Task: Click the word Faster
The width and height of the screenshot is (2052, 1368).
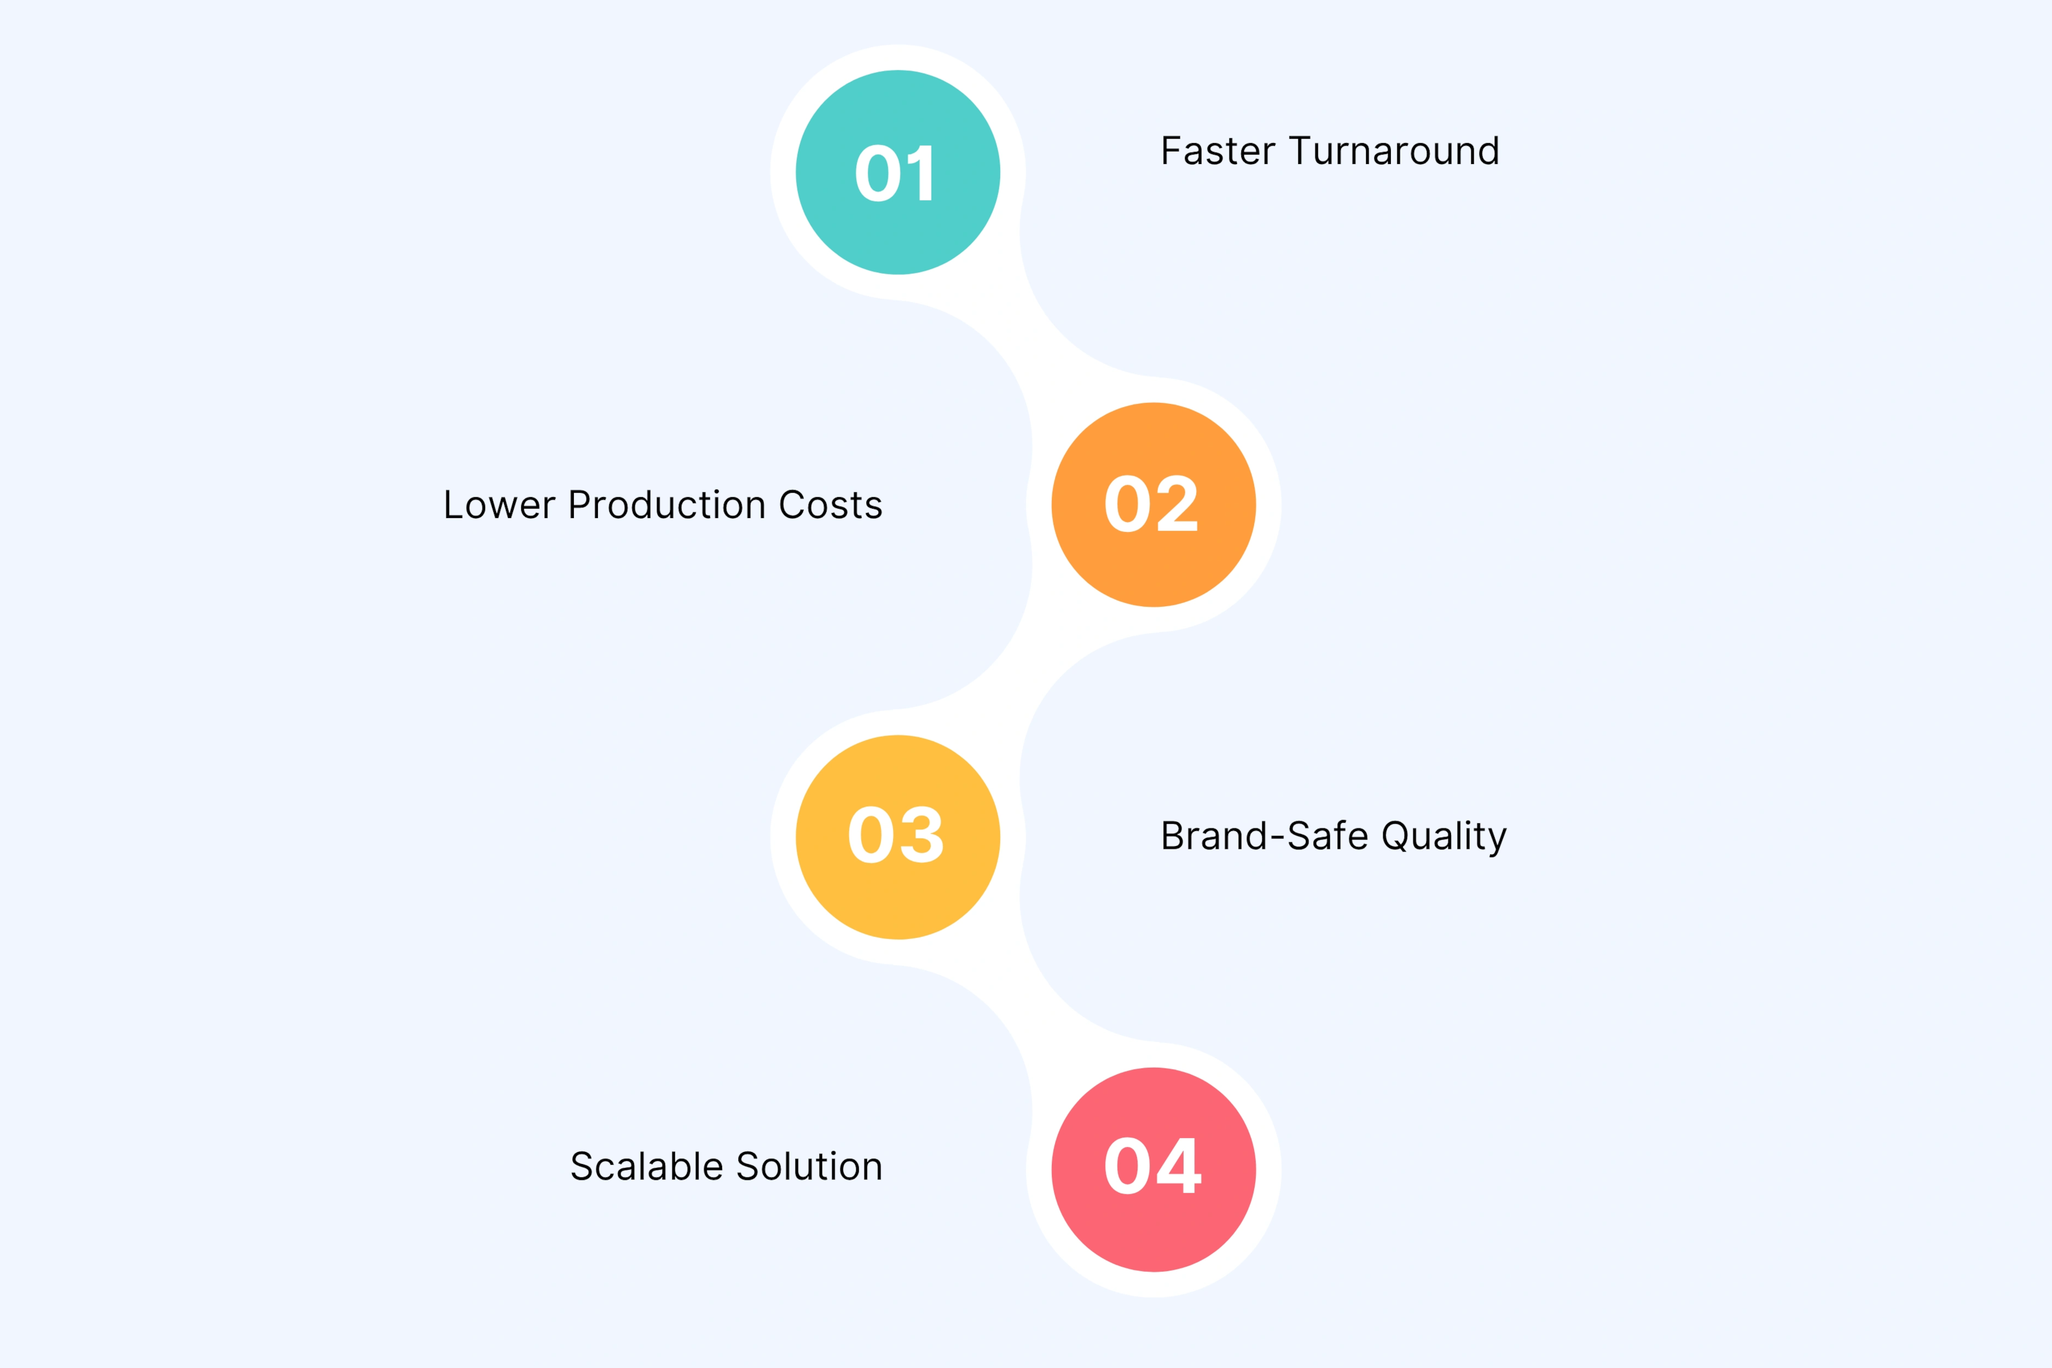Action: (1218, 151)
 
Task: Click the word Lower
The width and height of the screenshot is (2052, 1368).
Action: (499, 505)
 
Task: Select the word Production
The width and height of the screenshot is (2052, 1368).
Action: (666, 505)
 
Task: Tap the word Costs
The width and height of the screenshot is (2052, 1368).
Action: (830, 505)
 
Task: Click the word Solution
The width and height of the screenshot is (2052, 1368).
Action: (809, 1167)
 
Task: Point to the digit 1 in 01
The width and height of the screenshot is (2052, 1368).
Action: (923, 173)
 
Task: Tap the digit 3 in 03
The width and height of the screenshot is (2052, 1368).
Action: (923, 835)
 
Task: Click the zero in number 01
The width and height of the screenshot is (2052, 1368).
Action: (878, 173)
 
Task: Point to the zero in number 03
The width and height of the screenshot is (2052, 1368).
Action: (871, 835)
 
